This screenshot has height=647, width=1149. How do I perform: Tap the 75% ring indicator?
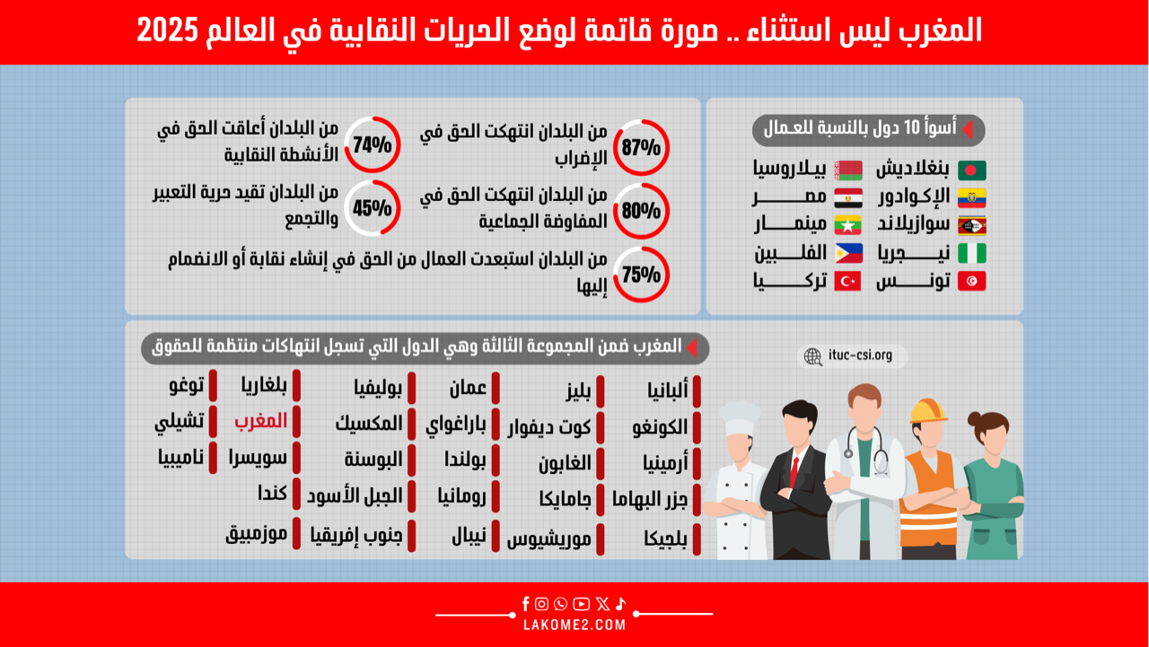(641, 249)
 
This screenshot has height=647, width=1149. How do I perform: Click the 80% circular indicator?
(641, 185)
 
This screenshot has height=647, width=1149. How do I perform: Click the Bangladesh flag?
(971, 170)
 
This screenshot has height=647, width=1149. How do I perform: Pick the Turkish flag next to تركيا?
(847, 282)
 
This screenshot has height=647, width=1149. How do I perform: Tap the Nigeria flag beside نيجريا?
(971, 253)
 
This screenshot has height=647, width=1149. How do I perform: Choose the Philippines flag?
(848, 253)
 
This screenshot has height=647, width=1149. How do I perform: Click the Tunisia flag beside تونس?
(971, 282)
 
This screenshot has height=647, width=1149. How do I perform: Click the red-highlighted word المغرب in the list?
(260, 422)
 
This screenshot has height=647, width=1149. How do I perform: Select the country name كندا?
(272, 494)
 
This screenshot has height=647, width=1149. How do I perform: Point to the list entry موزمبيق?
(256, 535)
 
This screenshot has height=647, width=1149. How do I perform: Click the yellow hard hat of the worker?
(927, 411)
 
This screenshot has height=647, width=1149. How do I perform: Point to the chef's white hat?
(739, 418)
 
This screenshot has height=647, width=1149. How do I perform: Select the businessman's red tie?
(794, 472)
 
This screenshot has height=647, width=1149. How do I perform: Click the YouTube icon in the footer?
(581, 604)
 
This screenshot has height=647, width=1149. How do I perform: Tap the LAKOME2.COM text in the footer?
(574, 625)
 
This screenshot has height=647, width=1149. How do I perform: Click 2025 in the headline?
(167, 31)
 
